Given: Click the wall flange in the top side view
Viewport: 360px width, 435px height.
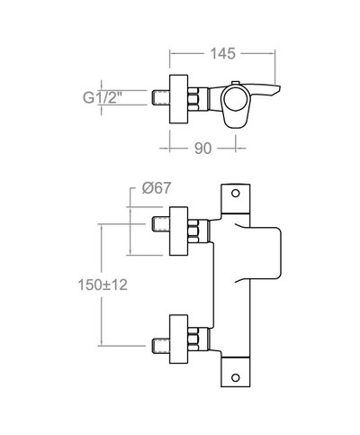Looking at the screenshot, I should pyautogui.click(x=180, y=94).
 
